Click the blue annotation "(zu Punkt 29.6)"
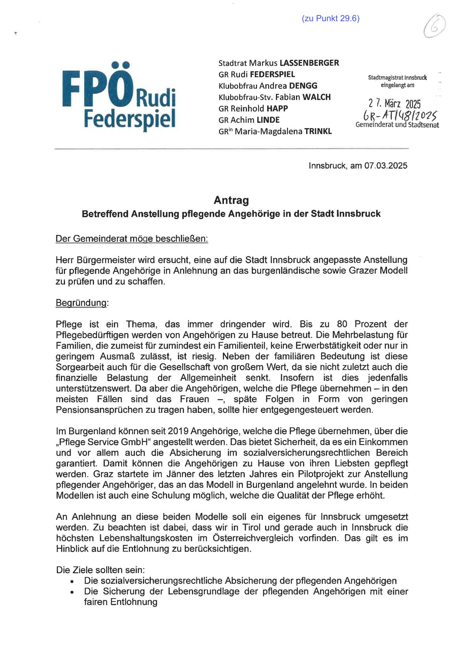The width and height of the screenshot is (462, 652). pos(331,19)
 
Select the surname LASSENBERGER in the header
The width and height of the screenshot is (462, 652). pos(309,63)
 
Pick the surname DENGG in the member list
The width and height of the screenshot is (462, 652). pos(303,86)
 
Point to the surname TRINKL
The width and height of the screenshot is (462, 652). pos(318,131)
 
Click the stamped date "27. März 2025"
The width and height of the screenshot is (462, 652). pos(394,104)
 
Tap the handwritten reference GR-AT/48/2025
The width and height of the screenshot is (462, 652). pos(397,115)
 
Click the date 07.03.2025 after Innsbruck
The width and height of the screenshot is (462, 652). pos(386,166)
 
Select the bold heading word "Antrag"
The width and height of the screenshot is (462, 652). pos(231,200)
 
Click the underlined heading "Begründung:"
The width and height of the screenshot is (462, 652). pos(82,303)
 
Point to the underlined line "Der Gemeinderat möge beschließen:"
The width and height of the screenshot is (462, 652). pos(131,239)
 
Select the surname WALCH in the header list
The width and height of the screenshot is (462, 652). pos(316,97)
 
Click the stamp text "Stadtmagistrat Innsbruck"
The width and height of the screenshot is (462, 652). pos(397,78)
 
